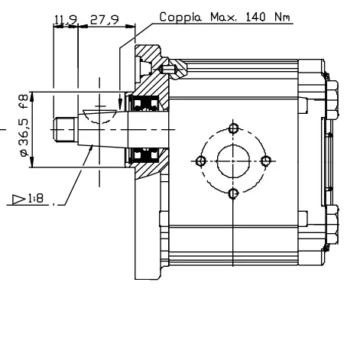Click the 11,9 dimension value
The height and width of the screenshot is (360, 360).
tap(66, 19)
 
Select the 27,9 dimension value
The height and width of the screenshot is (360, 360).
tap(105, 19)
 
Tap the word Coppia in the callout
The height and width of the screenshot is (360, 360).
tap(180, 17)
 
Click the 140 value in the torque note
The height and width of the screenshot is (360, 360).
tap(255, 17)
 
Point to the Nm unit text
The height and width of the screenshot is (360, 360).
tap(282, 17)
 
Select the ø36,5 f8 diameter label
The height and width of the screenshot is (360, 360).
tap(24, 125)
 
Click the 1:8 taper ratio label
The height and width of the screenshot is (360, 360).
tap(36, 198)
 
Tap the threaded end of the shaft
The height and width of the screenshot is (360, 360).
tap(66, 129)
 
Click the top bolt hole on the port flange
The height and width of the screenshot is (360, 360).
tap(233, 128)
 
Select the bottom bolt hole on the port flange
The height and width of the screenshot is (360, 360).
tap(233, 194)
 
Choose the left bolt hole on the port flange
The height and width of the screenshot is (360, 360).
tap(201, 161)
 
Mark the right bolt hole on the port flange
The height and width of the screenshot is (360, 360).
tap(266, 161)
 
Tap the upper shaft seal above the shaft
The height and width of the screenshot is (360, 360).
tap(144, 102)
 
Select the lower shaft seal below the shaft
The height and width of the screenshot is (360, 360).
tap(144, 155)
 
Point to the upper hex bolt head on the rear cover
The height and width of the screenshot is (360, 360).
tap(332, 99)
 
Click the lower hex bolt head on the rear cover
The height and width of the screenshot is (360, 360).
tap(332, 224)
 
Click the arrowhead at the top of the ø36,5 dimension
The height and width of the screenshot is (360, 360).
tap(32, 97)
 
